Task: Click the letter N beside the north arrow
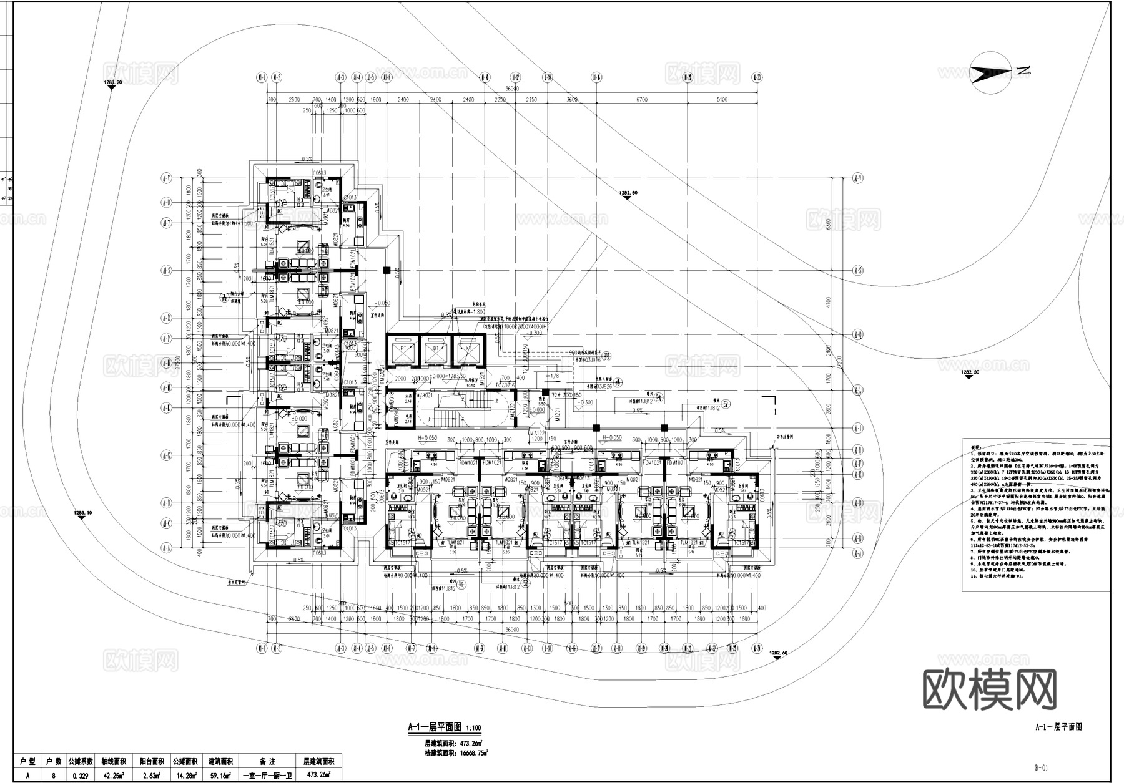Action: (x=1023, y=70)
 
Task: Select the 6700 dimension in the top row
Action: (x=641, y=100)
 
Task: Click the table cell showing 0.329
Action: (x=80, y=776)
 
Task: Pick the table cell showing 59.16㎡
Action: (x=220, y=776)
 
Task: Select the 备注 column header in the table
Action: (x=267, y=762)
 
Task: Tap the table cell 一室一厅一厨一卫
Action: (x=267, y=776)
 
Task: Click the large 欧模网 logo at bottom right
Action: (x=989, y=690)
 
